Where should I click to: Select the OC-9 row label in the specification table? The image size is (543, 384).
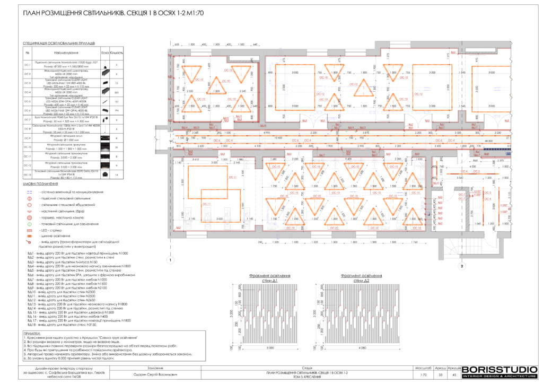tap(28, 138)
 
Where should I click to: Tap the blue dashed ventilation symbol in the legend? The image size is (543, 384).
tap(30, 192)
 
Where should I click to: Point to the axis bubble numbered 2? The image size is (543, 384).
tap(462, 265)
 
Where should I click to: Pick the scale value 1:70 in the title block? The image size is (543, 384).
tap(423, 375)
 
